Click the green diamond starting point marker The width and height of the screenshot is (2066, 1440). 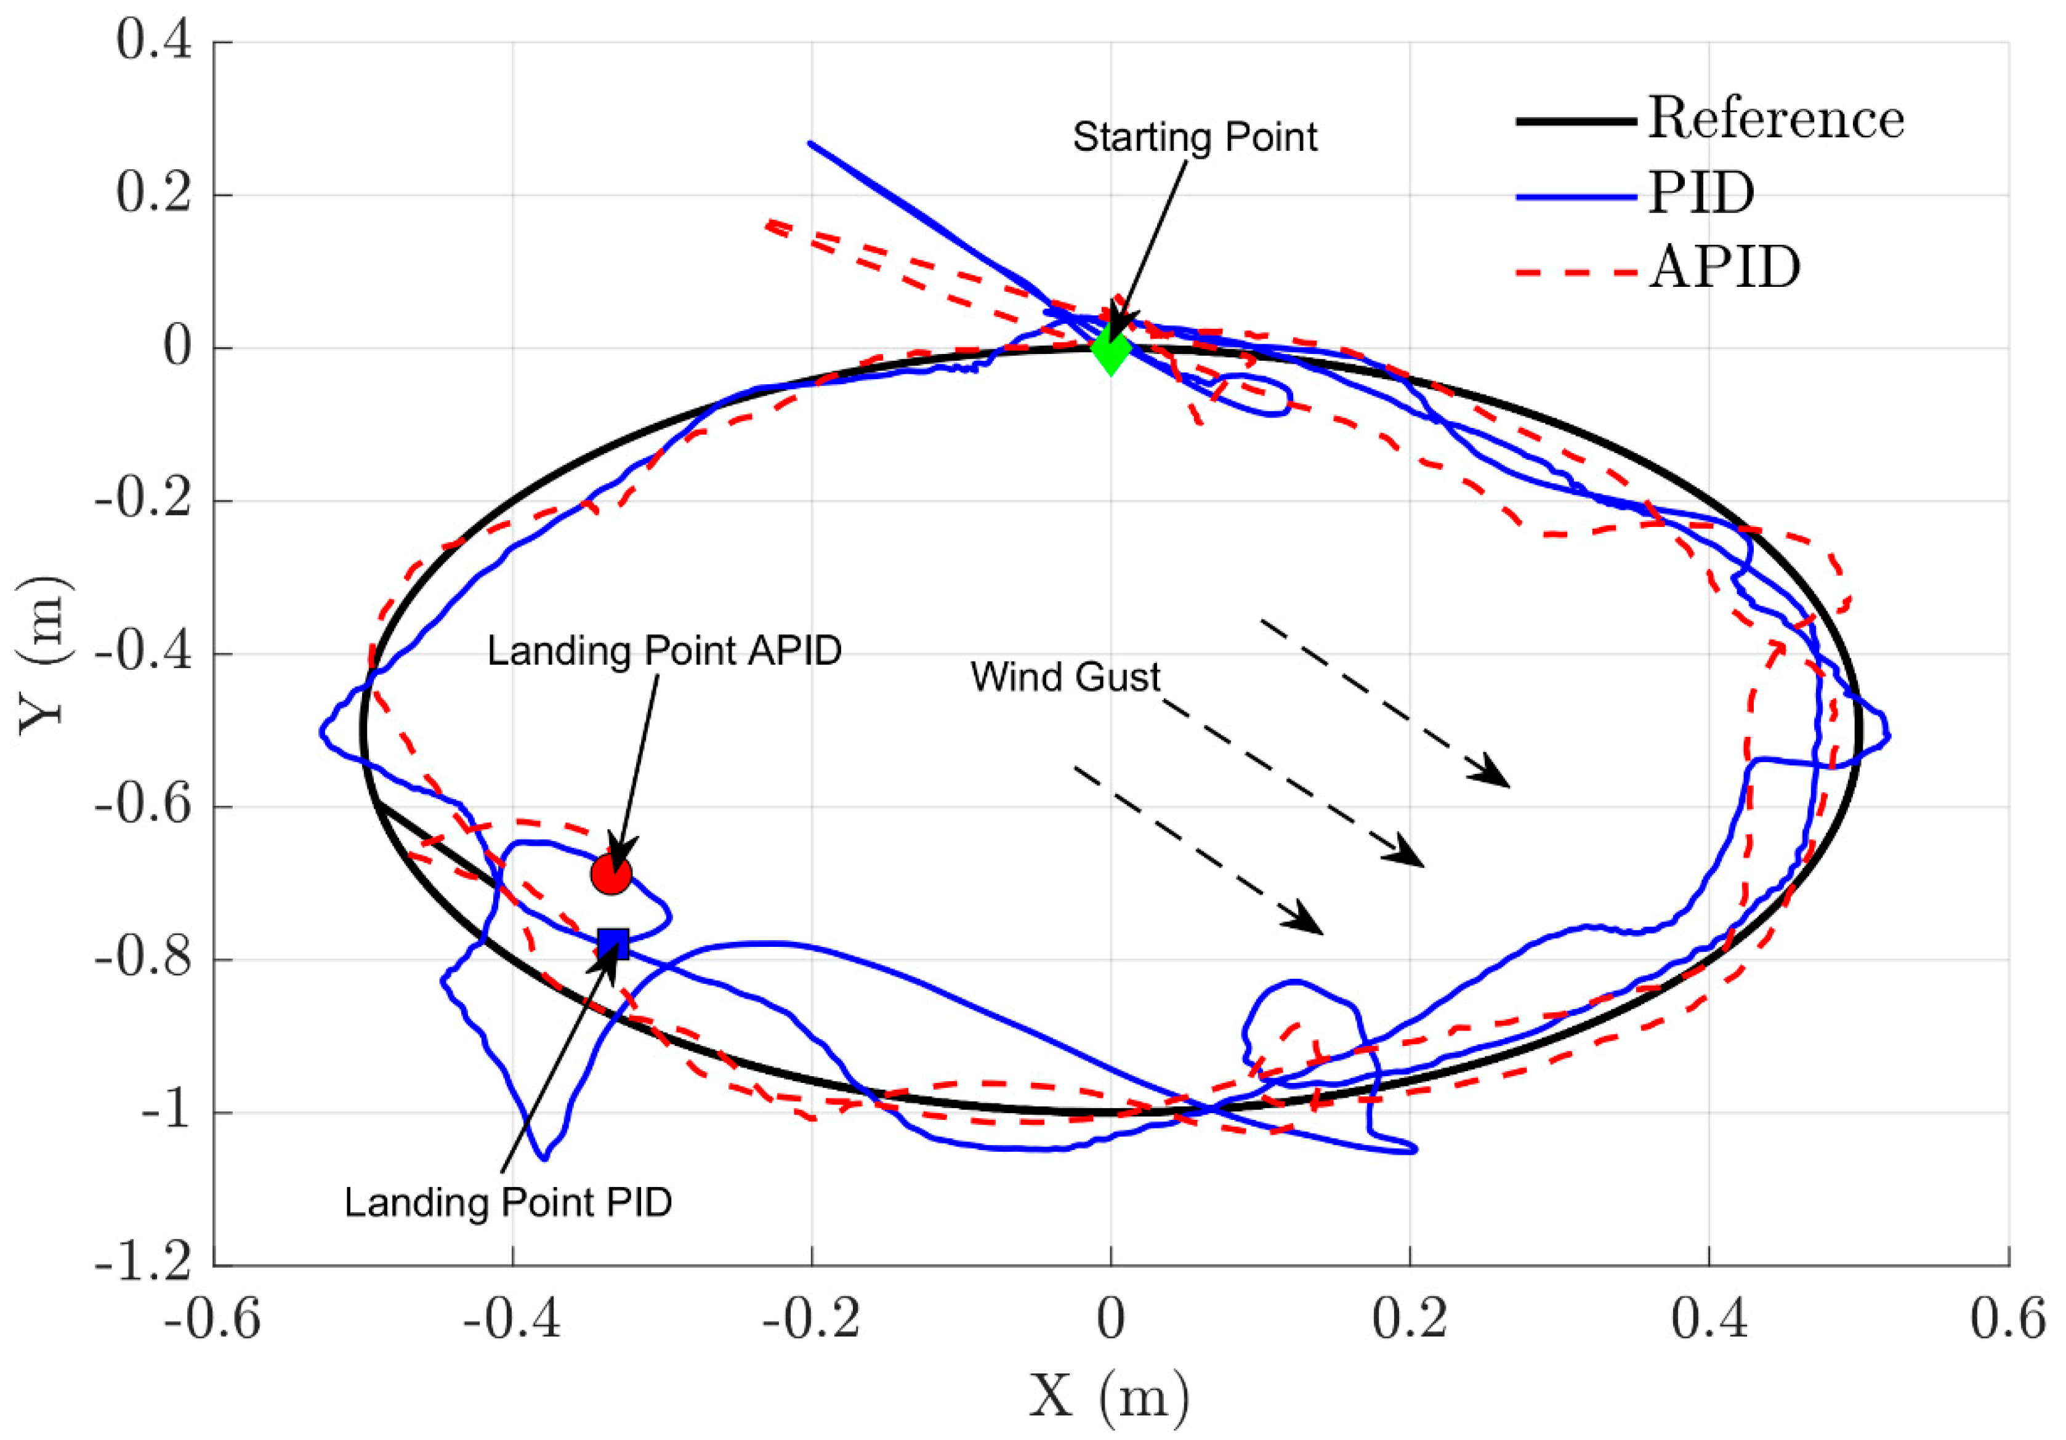[x=1112, y=349]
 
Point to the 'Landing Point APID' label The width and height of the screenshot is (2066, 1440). [x=664, y=651]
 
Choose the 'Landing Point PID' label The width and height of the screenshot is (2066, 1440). [x=509, y=1202]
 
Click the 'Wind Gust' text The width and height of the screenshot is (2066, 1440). [x=1065, y=677]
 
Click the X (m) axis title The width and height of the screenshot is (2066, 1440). [x=1110, y=1397]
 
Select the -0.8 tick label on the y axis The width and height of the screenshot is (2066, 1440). [x=143, y=959]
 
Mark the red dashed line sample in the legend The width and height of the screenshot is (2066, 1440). [x=1576, y=270]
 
